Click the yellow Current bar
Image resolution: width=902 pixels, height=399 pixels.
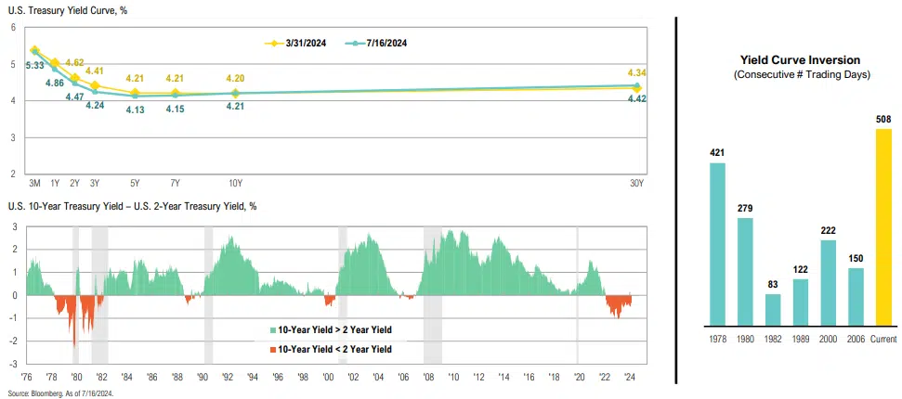tap(883, 227)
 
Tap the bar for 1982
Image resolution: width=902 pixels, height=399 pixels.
tap(773, 310)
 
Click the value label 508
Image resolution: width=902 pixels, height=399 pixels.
tap(883, 119)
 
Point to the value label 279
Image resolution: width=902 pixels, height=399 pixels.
tap(745, 208)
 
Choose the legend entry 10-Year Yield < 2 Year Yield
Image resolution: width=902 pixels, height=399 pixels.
tap(331, 349)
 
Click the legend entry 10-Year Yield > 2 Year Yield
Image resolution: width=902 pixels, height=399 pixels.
tap(331, 329)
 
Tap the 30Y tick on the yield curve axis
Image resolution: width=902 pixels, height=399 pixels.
tap(636, 183)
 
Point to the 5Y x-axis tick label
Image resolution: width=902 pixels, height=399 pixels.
tap(136, 183)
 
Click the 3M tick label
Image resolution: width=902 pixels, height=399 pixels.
tap(34, 183)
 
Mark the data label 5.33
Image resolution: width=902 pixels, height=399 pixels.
tap(34, 65)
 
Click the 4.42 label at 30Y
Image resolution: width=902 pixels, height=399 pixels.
tap(636, 98)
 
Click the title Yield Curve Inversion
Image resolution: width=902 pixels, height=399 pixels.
tap(801, 59)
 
